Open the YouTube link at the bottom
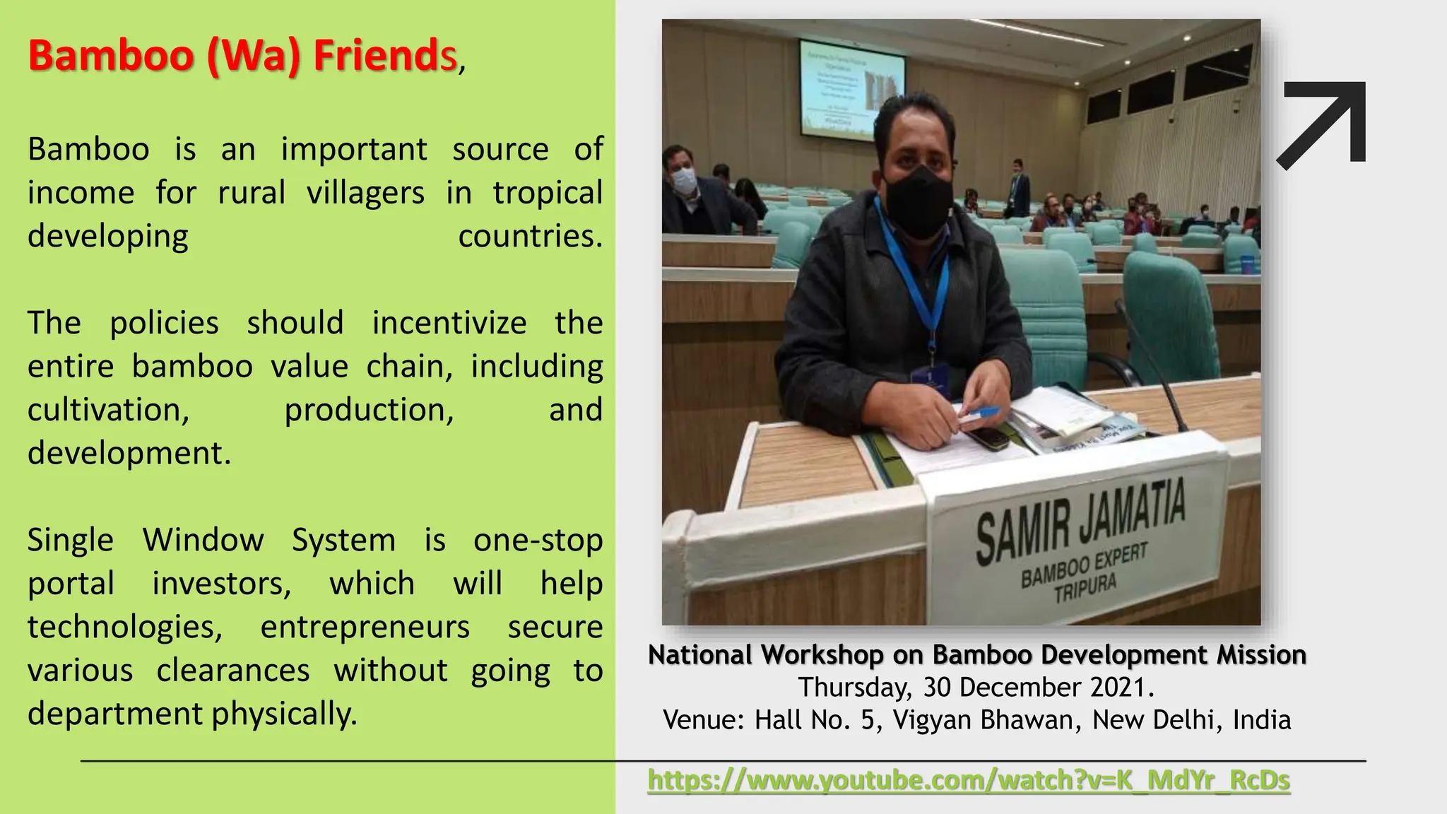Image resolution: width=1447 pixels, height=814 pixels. (969, 780)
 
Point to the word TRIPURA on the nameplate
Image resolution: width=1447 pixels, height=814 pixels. (1085, 588)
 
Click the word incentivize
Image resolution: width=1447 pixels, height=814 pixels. (449, 323)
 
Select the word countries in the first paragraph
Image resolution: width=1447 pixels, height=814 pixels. (530, 236)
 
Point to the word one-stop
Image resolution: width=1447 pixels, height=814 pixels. (538, 541)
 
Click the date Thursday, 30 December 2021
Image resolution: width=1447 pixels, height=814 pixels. (976, 688)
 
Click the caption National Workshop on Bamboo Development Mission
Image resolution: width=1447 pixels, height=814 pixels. (976, 655)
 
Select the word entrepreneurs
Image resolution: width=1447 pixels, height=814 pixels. (365, 627)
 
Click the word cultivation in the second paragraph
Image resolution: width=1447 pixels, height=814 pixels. (108, 410)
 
